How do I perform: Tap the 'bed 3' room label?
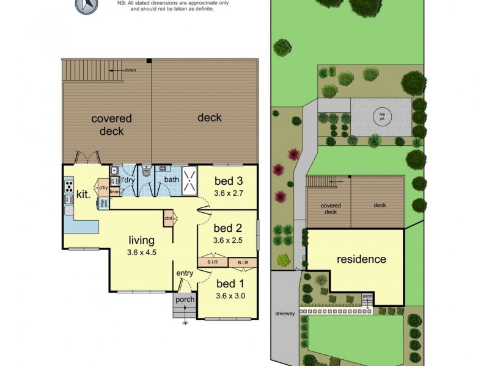229,181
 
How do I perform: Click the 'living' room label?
141,240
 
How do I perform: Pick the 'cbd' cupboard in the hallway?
168,217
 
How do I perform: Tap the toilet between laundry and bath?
145,174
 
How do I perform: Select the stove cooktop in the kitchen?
69,184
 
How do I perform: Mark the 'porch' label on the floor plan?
185,300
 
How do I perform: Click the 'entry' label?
185,273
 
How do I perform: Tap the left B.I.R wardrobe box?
212,262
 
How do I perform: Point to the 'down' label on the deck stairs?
130,70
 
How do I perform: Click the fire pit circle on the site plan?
382,115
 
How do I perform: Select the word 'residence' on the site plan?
362,259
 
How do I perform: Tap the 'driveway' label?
285,314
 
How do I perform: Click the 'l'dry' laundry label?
128,181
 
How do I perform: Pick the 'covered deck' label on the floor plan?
112,124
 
